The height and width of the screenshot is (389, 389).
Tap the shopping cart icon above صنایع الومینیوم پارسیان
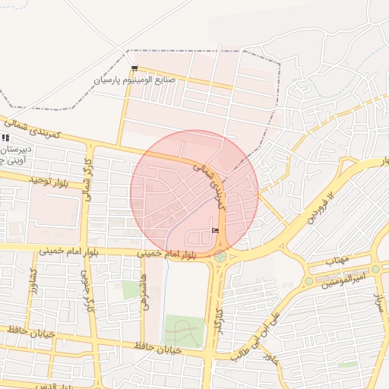pyautogui.click(x=134, y=68)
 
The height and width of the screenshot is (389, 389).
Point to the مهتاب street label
pyautogui.click(x=336, y=260)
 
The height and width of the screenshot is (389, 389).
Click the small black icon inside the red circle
pyautogui.click(x=215, y=230)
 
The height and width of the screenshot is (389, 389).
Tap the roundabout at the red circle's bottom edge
pyautogui.click(x=220, y=256)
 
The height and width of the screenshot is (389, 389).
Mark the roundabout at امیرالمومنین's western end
pyautogui.click(x=308, y=280)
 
